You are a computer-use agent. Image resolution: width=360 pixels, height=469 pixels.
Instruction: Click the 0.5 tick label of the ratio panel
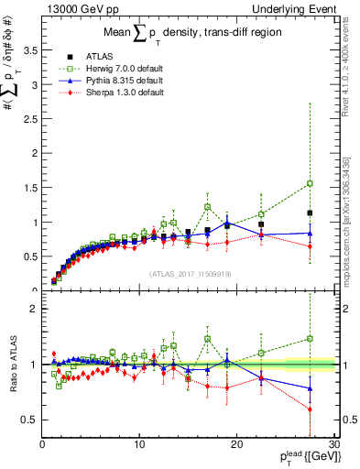(x=29, y=420)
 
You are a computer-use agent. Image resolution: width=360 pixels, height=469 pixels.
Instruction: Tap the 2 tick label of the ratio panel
(x=34, y=309)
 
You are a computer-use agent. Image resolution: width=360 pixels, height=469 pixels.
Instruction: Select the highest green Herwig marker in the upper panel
(x=311, y=183)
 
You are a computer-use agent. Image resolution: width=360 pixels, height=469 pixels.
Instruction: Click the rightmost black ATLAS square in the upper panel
(x=311, y=213)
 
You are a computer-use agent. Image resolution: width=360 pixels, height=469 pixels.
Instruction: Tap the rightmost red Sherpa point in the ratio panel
(x=311, y=409)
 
